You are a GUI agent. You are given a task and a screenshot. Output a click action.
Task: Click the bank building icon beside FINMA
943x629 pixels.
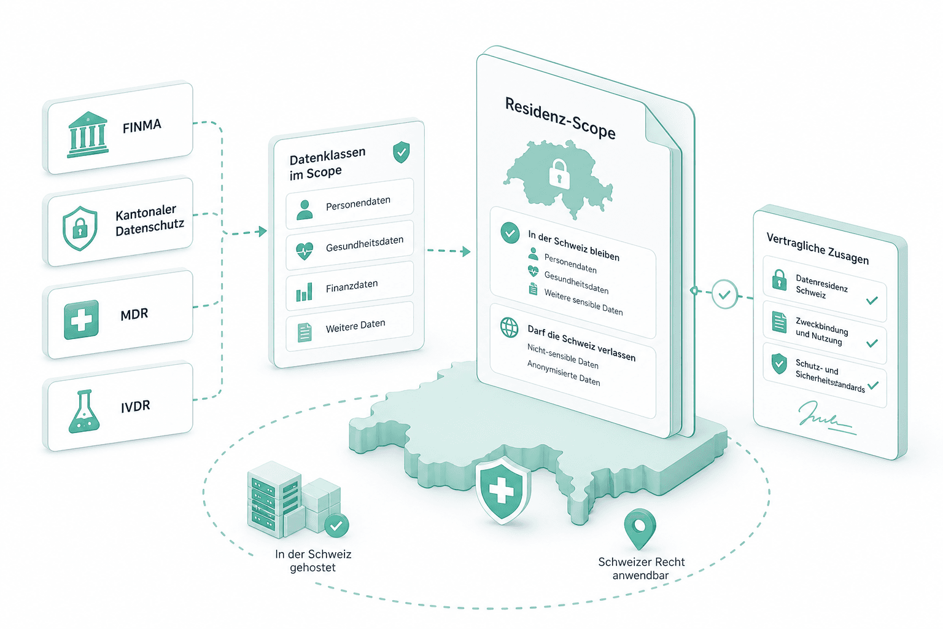coord(88,135)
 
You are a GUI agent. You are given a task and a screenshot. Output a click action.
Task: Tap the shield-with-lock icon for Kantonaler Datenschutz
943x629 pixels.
coord(80,228)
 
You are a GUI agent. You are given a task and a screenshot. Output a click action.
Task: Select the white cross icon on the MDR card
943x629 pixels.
coord(81,320)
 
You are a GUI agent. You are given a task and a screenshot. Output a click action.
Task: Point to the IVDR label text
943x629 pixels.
coord(135,407)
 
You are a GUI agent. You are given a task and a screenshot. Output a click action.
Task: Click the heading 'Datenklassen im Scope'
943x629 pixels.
coord(327,163)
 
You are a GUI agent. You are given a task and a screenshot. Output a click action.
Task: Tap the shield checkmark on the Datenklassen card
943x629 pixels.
coord(401,152)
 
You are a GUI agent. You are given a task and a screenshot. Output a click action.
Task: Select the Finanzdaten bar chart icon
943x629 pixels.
coord(305,292)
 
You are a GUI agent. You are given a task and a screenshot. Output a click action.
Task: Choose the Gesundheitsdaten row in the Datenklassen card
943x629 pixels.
coord(349,245)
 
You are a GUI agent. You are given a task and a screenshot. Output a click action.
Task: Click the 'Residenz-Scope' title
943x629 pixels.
coord(560,118)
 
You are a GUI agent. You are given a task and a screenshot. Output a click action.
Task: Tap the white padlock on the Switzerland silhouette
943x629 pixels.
coord(559,174)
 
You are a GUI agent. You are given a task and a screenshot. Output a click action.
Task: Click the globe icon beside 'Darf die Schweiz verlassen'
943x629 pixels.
coord(509,327)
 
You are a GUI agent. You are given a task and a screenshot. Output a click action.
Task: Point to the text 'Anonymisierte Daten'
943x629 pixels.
coord(564,373)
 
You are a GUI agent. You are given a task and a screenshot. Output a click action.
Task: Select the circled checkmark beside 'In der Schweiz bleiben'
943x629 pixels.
coord(510,233)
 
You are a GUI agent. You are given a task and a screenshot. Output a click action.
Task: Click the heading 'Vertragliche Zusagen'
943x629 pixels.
coord(817,248)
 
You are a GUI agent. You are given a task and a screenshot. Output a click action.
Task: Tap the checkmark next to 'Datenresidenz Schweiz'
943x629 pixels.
coord(872,300)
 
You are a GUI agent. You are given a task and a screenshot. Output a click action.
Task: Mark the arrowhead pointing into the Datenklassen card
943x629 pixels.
coord(263,231)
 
